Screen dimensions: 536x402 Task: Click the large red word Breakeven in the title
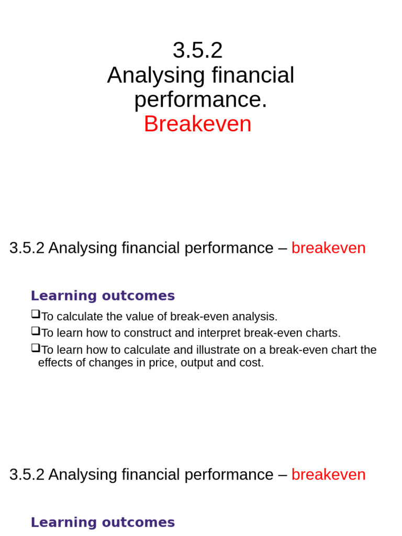click(x=197, y=124)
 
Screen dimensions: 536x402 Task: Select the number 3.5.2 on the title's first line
click(x=197, y=50)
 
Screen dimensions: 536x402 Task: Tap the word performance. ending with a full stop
click(x=200, y=99)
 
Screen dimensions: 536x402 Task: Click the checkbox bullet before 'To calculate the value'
click(x=35, y=315)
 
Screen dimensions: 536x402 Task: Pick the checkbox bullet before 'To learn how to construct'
click(x=35, y=331)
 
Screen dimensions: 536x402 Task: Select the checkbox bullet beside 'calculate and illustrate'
click(x=35, y=348)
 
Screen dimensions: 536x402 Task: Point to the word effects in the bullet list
click(x=54, y=363)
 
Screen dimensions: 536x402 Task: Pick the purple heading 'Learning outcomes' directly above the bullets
click(x=103, y=296)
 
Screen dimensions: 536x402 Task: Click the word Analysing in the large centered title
click(x=155, y=75)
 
